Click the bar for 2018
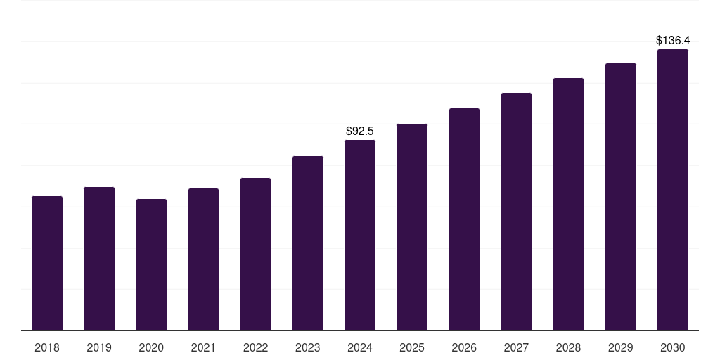pos(47,264)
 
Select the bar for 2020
pos(151,265)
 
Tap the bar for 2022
pos(255,255)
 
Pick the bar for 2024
pos(360,236)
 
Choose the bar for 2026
pos(464,219)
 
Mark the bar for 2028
pos(568,205)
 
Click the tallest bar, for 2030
pos(672,190)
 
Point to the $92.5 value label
pos(360,131)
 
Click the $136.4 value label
pos(672,41)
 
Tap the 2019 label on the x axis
pos(99,347)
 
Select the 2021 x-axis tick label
pos(203,347)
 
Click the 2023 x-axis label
pos(308,347)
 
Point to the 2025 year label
pos(412,347)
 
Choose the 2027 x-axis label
pos(516,347)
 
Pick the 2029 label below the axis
pos(620,347)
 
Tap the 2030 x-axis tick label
pos(672,347)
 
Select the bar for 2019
pos(99,259)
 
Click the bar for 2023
pos(308,243)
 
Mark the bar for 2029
pos(620,197)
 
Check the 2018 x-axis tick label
pos(47,347)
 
